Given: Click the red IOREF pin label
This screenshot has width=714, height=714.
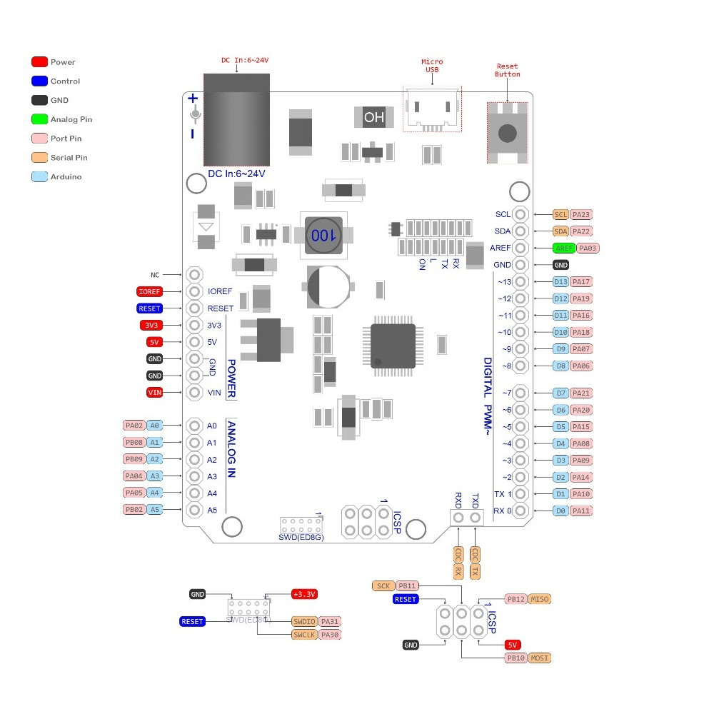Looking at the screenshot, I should pyautogui.click(x=149, y=291).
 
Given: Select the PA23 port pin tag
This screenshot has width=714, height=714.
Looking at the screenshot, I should pyautogui.click(x=582, y=214).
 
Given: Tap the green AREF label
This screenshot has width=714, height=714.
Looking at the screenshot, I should pyautogui.click(x=563, y=248).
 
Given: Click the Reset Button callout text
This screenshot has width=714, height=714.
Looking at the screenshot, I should pyautogui.click(x=508, y=70).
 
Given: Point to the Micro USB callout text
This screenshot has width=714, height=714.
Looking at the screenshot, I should pyautogui.click(x=432, y=66).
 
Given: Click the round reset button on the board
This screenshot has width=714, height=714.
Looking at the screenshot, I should pyautogui.click(x=508, y=133).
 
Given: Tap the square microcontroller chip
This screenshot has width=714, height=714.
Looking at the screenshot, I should pyautogui.click(x=393, y=346).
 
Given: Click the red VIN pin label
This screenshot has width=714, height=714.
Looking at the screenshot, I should pyautogui.click(x=154, y=392).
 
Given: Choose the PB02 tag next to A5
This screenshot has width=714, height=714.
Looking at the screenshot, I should pyautogui.click(x=134, y=510).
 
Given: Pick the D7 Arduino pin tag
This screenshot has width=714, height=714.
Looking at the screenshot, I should pyautogui.click(x=560, y=393).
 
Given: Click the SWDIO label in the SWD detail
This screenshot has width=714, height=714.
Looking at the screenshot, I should pyautogui.click(x=304, y=622).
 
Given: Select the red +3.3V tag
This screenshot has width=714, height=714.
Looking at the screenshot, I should pyautogui.click(x=304, y=594).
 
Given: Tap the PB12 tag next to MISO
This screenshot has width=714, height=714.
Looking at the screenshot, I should pyautogui.click(x=516, y=599).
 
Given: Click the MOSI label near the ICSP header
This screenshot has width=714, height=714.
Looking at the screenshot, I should pyautogui.click(x=540, y=658).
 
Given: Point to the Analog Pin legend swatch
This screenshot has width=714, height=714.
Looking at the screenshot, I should pyautogui.click(x=40, y=119).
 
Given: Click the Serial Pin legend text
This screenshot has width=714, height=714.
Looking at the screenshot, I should pyautogui.click(x=69, y=158).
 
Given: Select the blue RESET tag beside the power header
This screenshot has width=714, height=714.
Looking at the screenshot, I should pyautogui.click(x=149, y=308).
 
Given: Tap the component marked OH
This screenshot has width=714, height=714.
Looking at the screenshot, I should pyautogui.click(x=373, y=117).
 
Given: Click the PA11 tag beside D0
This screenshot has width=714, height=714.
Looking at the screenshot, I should pyautogui.click(x=582, y=511).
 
